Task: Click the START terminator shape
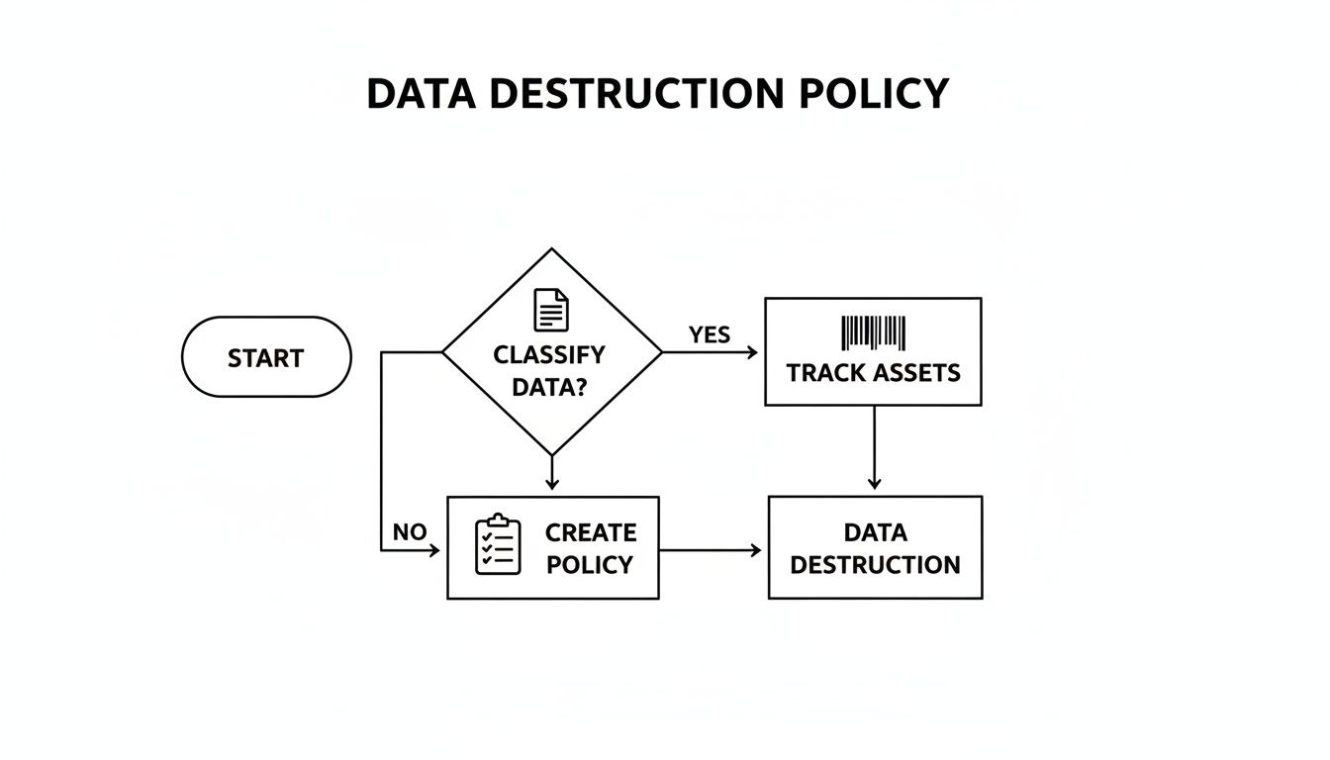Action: pyautogui.click(x=266, y=357)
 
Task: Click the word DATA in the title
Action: pyautogui.click(x=422, y=94)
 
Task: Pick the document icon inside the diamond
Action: pyautogui.click(x=551, y=311)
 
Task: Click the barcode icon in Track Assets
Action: pyautogui.click(x=873, y=333)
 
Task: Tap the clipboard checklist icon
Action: pyautogui.click(x=498, y=545)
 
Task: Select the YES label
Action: pyautogui.click(x=709, y=335)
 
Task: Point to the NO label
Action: pyautogui.click(x=409, y=532)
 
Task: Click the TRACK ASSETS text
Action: pyautogui.click(x=873, y=373)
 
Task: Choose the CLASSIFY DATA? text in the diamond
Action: pyautogui.click(x=549, y=370)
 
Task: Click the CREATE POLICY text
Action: pyautogui.click(x=590, y=548)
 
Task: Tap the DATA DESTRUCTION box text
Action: pyautogui.click(x=875, y=548)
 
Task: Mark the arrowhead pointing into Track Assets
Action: pyautogui.click(x=754, y=352)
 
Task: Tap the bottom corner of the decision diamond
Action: pyautogui.click(x=552, y=454)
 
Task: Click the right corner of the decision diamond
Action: pyautogui.click(x=661, y=352)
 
